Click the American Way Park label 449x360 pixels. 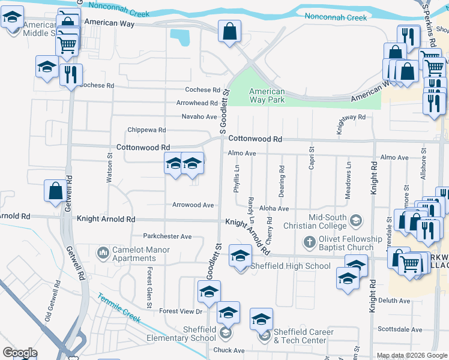pyautogui.click(x=267, y=95)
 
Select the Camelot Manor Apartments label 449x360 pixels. pyautogui.click(x=140, y=254)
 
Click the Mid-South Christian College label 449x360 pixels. pyautogui.click(x=327, y=221)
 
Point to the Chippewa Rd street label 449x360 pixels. pyautogui.click(x=146, y=130)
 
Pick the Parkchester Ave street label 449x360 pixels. pyautogui.click(x=167, y=236)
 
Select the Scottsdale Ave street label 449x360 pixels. pyautogui.click(x=400, y=329)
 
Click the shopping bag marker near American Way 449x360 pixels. pyautogui.click(x=229, y=32)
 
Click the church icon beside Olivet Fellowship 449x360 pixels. pyautogui.click(x=309, y=242)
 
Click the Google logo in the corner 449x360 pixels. pyautogui.click(x=20, y=353)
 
